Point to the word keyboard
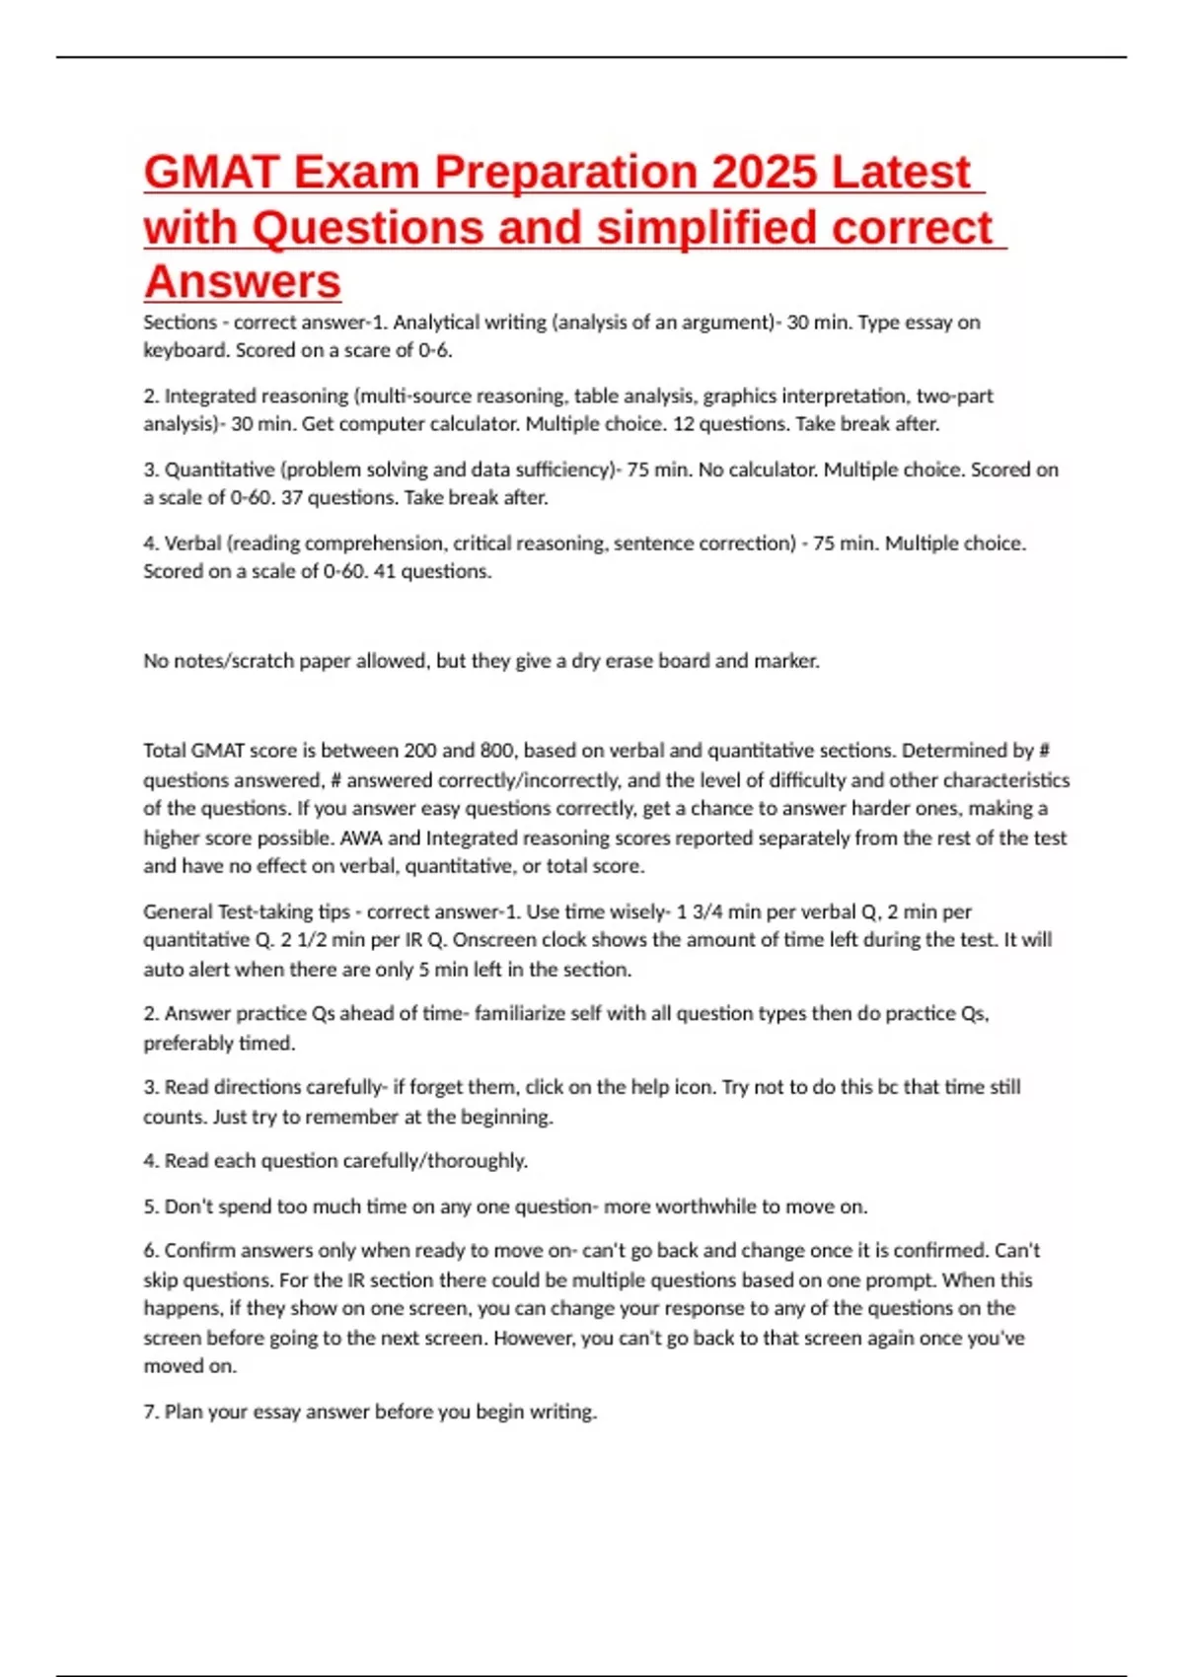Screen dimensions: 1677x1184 pyautogui.click(x=185, y=350)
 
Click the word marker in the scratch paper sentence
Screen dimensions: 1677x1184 pyautogui.click(x=785, y=661)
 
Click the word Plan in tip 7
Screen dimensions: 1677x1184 pyautogui.click(x=184, y=1413)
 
